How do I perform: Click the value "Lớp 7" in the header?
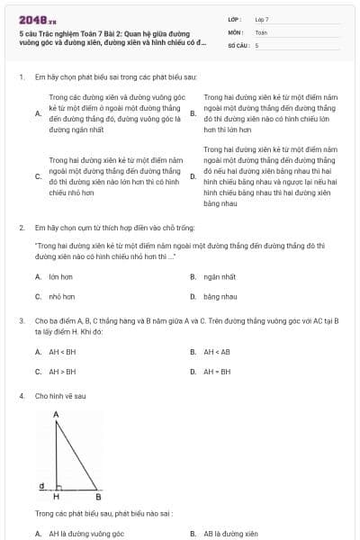(262, 19)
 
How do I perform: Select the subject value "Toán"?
(261, 31)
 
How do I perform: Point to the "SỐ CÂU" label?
(237, 44)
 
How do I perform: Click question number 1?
(21, 77)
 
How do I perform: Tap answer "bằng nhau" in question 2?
(220, 296)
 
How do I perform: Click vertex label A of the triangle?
(56, 414)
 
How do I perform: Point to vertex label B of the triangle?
(98, 497)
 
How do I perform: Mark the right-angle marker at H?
(59, 487)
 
